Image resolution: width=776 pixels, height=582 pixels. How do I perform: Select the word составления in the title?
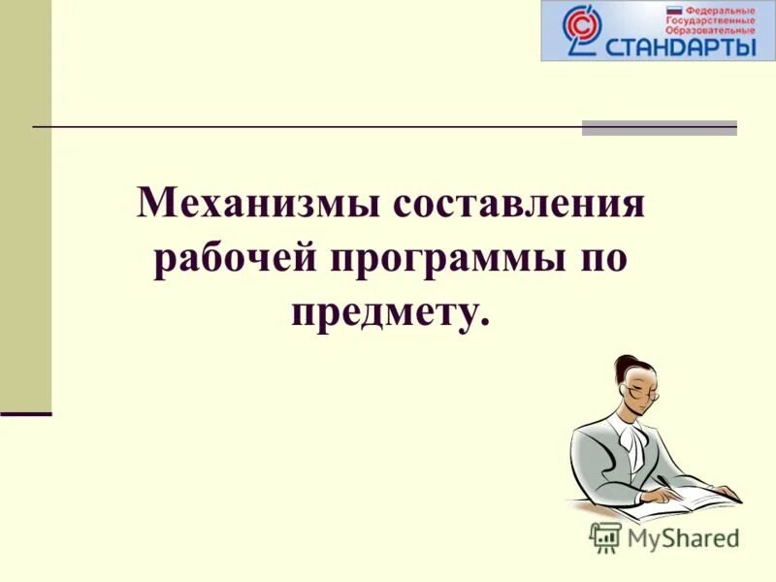point(518,206)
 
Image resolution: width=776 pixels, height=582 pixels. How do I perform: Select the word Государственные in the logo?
point(709,18)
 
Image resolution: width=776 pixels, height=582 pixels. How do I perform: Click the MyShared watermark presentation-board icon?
point(605,536)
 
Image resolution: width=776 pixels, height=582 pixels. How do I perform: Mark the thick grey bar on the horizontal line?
point(660,127)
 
